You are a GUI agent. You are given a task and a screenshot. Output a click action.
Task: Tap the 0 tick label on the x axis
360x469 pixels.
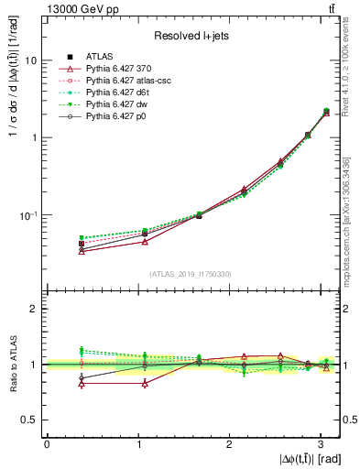pos(47,443)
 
